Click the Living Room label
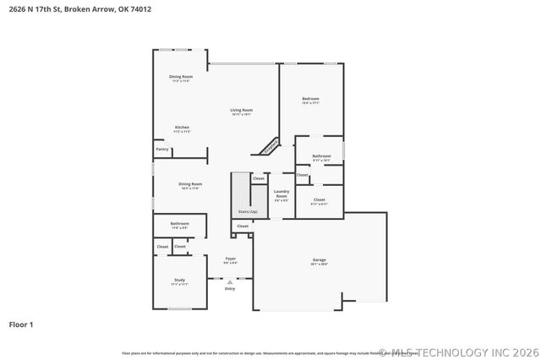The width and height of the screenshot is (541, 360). pyautogui.click(x=242, y=110)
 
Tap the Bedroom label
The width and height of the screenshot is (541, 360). pyautogui.click(x=310, y=100)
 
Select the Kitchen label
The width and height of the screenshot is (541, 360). pyautogui.click(x=182, y=128)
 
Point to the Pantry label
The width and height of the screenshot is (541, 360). pyautogui.click(x=161, y=150)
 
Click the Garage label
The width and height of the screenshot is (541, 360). pyautogui.click(x=319, y=260)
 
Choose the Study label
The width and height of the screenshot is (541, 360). pyautogui.click(x=179, y=280)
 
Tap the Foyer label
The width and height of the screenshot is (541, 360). pyautogui.click(x=230, y=259)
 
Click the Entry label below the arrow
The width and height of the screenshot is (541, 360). pyautogui.click(x=230, y=289)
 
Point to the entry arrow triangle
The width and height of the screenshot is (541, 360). pyautogui.click(x=230, y=282)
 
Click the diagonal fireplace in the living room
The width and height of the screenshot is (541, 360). pyautogui.click(x=270, y=146)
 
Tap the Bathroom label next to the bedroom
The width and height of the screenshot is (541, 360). pyautogui.click(x=321, y=155)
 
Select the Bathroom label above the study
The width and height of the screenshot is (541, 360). pyautogui.click(x=179, y=224)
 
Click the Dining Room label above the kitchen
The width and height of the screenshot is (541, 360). pyautogui.click(x=181, y=77)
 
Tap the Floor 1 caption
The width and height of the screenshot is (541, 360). pyautogui.click(x=21, y=324)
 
